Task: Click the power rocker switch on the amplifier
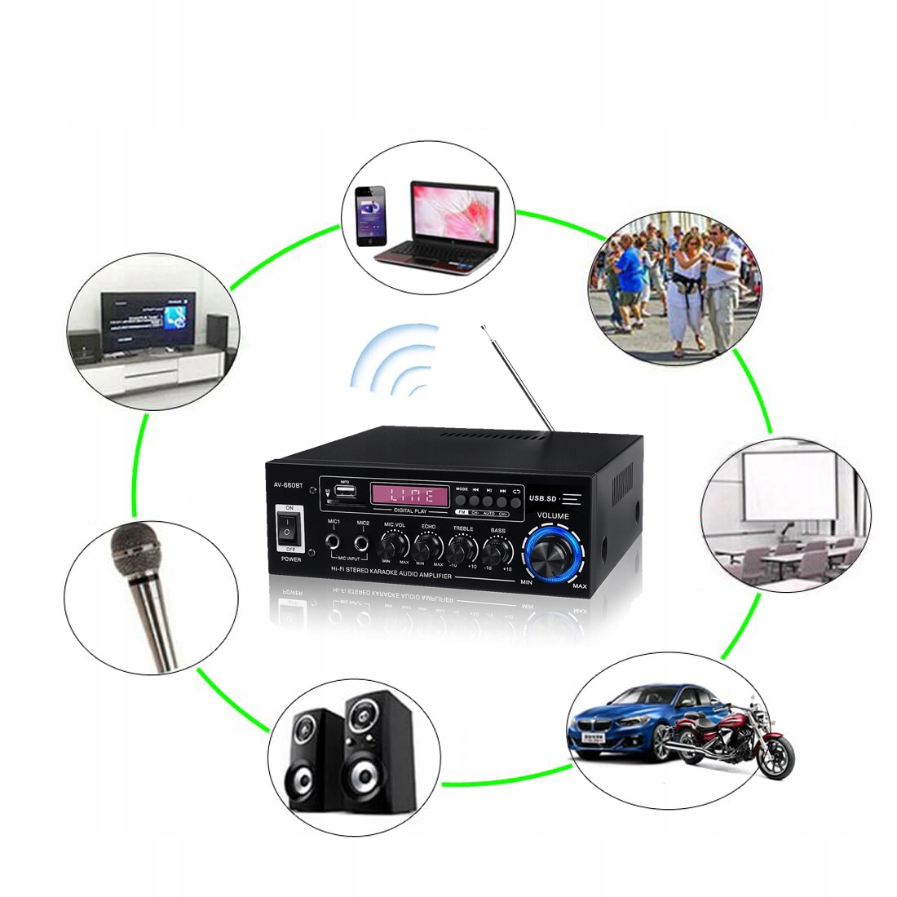pos(287,531)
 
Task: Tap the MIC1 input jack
pos(334,541)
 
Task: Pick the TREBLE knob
pos(462,547)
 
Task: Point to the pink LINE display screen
pos(409,493)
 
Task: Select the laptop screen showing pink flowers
pos(454,210)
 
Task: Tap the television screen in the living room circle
pos(148,323)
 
